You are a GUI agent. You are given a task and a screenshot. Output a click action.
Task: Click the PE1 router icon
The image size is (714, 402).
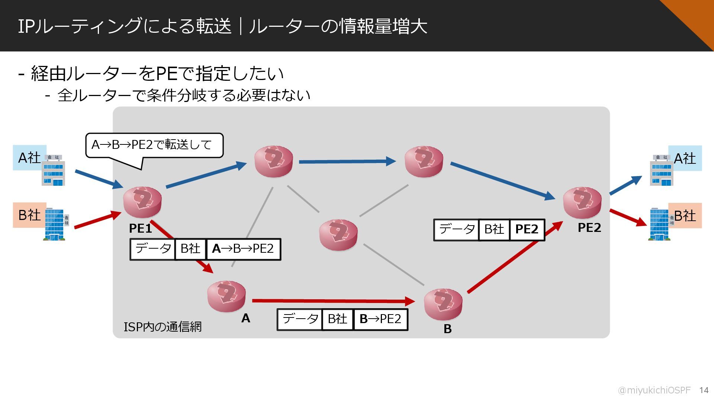click(x=142, y=202)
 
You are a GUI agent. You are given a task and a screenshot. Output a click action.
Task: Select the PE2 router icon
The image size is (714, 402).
click(x=582, y=202)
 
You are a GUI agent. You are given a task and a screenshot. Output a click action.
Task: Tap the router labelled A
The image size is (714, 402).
click(x=226, y=296)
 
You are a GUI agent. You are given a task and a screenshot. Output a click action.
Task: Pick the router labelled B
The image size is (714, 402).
click(x=443, y=304)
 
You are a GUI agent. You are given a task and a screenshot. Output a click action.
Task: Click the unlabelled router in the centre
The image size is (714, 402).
click(x=338, y=235)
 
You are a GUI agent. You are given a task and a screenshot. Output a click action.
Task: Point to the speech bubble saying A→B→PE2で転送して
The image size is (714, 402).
click(x=154, y=145)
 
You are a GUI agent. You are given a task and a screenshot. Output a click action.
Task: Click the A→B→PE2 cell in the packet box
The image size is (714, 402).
click(x=243, y=249)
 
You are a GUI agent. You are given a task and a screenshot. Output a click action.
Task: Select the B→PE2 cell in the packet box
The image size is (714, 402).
click(x=380, y=319)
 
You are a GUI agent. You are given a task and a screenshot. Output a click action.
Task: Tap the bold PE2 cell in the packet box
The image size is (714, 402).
click(x=527, y=229)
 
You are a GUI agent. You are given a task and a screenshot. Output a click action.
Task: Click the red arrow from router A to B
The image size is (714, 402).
click(x=333, y=300)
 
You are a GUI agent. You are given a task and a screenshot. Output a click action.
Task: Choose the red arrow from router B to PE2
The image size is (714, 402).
click(x=515, y=257)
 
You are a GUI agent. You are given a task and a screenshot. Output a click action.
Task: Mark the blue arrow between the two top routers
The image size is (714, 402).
click(x=347, y=162)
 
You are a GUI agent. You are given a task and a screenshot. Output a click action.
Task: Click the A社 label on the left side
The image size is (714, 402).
click(x=29, y=158)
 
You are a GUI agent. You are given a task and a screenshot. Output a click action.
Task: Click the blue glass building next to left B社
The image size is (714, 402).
click(x=55, y=224)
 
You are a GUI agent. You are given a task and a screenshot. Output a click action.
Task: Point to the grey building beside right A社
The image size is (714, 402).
click(x=661, y=170)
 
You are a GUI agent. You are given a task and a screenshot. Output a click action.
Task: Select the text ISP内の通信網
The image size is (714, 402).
click(x=163, y=326)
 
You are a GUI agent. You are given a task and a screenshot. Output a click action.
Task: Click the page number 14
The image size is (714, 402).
click(x=704, y=390)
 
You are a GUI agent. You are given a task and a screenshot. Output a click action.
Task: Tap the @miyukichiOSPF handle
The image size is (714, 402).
click(x=654, y=390)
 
